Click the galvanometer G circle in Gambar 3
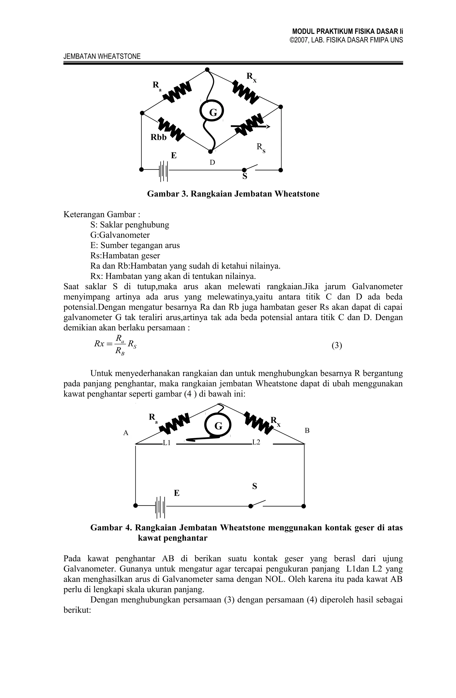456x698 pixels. pyautogui.click(x=212, y=112)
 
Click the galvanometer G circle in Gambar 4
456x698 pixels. pyautogui.click(x=218, y=426)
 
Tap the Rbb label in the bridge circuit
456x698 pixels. pyautogui.click(x=158, y=137)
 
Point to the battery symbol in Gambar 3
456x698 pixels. pyautogui.click(x=163, y=170)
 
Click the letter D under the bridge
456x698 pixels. pyautogui.click(x=212, y=162)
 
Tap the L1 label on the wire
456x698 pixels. pyautogui.click(x=167, y=443)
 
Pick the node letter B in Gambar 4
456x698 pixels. pyautogui.click(x=307, y=431)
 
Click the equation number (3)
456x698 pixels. pyautogui.click(x=337, y=346)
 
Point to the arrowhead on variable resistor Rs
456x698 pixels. pyautogui.click(x=268, y=126)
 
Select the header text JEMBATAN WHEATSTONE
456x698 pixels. pyautogui.click(x=102, y=56)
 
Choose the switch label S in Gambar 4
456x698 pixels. pyautogui.click(x=254, y=486)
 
